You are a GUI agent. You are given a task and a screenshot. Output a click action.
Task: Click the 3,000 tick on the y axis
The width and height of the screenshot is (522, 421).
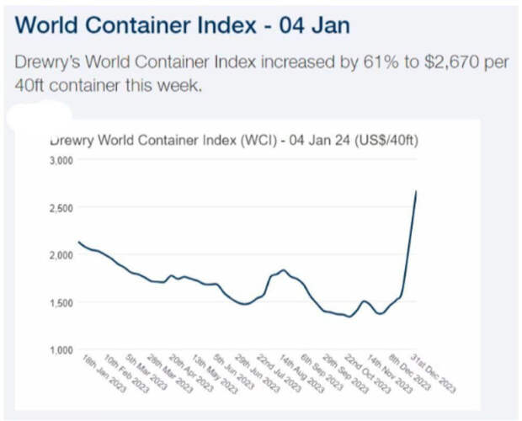coord(62,159)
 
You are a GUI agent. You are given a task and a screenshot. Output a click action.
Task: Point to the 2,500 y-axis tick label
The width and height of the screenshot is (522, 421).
coord(62,207)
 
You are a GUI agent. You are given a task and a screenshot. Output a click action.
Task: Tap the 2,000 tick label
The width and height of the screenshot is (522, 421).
coord(62,254)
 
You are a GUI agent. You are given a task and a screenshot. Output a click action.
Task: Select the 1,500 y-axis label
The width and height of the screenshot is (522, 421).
coord(62,302)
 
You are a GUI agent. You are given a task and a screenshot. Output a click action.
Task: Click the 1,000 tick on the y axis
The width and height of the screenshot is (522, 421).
coord(62,349)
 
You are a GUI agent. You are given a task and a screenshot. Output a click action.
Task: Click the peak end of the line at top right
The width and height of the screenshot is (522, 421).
coord(417,191)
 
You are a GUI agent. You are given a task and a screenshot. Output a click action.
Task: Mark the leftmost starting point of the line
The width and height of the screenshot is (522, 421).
coord(78,242)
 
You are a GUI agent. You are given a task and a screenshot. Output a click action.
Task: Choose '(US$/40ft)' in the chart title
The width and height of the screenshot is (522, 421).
coord(378,140)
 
